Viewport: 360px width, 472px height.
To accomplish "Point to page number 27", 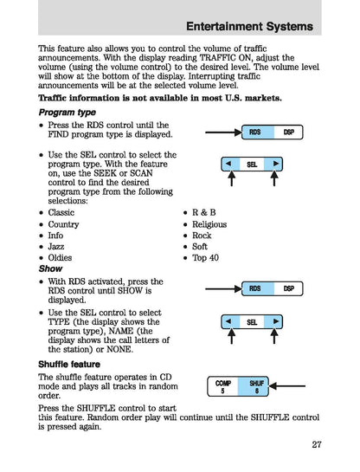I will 312,445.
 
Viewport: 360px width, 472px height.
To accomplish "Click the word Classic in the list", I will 61,212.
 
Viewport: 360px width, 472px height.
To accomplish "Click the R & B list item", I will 205,212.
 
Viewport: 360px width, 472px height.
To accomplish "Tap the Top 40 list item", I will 206,258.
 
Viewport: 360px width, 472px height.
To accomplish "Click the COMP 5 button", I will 223,386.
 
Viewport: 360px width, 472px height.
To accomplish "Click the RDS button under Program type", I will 254,133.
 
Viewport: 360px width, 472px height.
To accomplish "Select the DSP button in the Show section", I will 288,288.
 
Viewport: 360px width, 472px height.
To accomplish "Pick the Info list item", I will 55,235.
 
